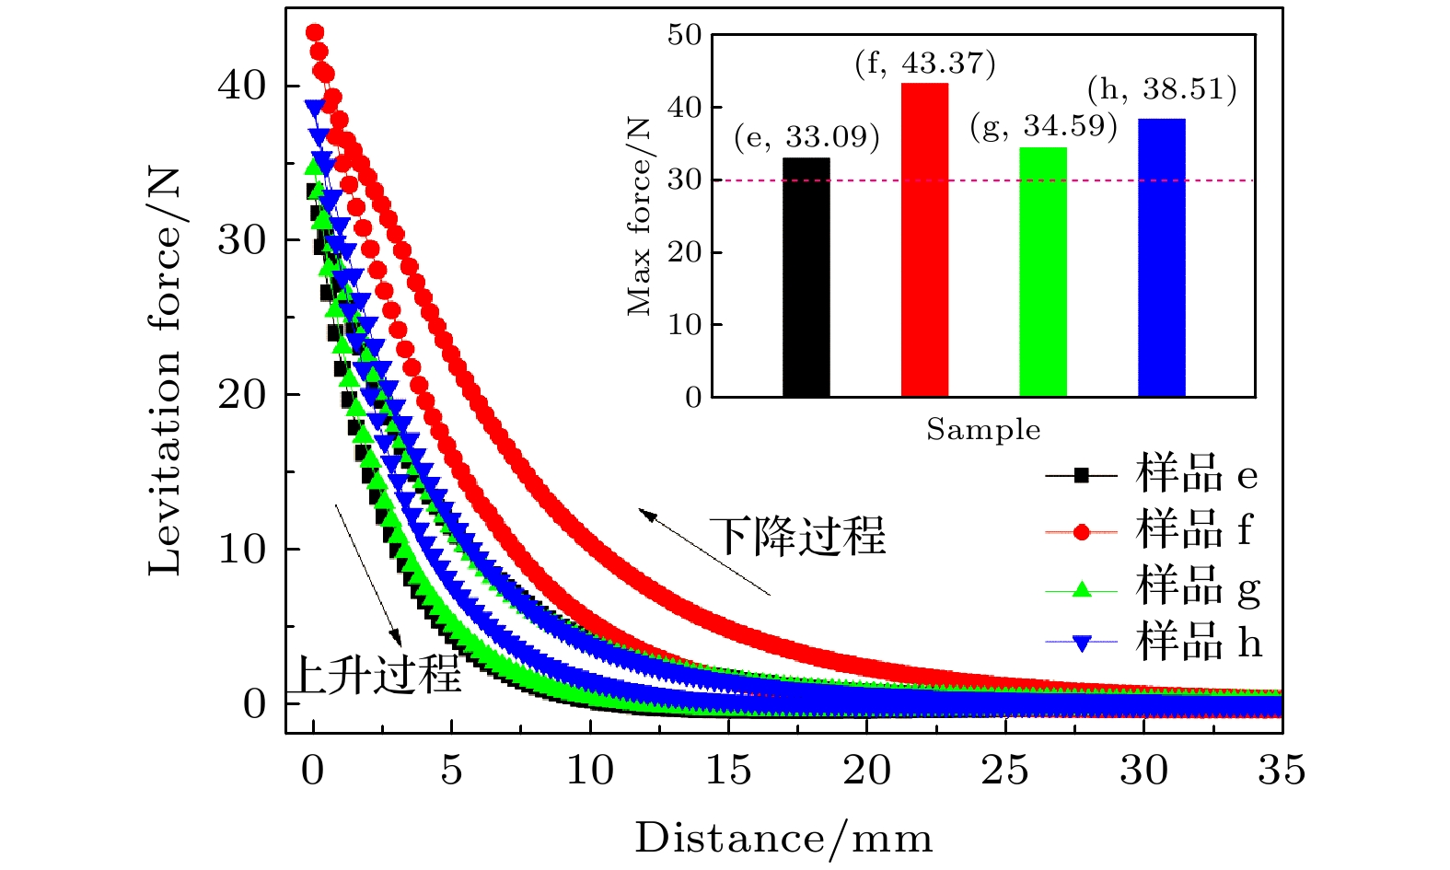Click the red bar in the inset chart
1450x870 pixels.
pyautogui.click(x=924, y=240)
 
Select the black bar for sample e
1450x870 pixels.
pyautogui.click(x=806, y=277)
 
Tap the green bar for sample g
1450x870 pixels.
pyautogui.click(x=1043, y=272)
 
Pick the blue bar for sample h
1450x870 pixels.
pyautogui.click(x=1162, y=258)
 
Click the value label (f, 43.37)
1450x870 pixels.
pyautogui.click(x=925, y=64)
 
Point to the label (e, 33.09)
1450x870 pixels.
pyautogui.click(x=806, y=138)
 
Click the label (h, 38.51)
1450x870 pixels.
pyautogui.click(x=1162, y=89)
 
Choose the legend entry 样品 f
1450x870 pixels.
pyautogui.click(x=1193, y=530)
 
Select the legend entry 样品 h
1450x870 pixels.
pyautogui.click(x=1198, y=641)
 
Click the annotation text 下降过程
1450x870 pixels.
pyautogui.click(x=797, y=536)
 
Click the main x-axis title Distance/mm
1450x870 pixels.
pyautogui.click(x=783, y=839)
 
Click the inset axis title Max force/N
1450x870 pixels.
pyautogui.click(x=639, y=217)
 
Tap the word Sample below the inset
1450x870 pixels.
pyautogui.click(x=983, y=430)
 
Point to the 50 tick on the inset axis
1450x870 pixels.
pyautogui.click(x=685, y=36)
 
